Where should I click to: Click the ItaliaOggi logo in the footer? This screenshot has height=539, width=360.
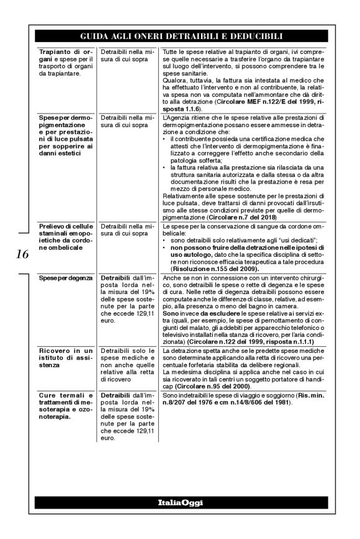[x=180, y=502]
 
